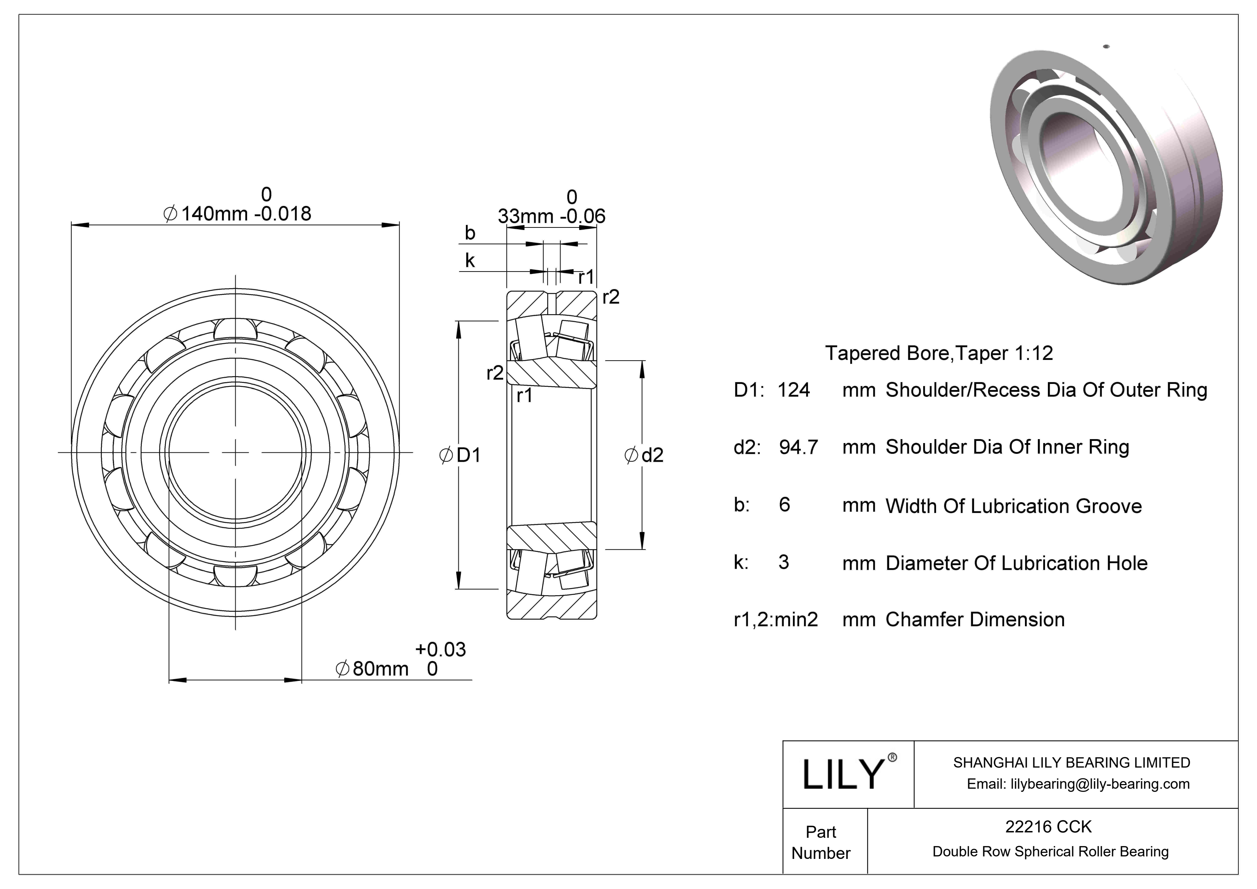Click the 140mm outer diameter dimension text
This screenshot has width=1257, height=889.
pyautogui.click(x=213, y=213)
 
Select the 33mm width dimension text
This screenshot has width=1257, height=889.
pyautogui.click(x=526, y=216)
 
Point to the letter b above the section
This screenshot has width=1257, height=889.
pyautogui.click(x=470, y=233)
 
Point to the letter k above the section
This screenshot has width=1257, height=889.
pyautogui.click(x=470, y=260)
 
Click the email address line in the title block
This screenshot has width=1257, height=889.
pyautogui.click(x=1078, y=784)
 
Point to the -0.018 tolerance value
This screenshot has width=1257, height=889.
pyautogui.click(x=283, y=213)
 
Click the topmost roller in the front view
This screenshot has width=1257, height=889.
pyautogui.click(x=235, y=330)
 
